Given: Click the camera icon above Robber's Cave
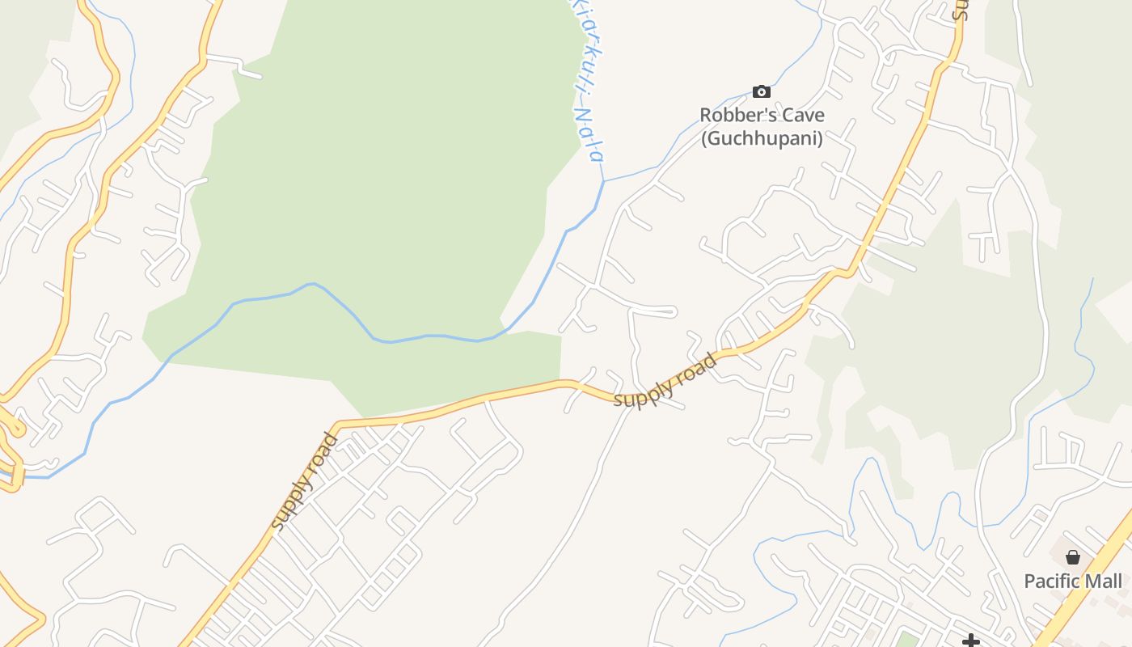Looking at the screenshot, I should coord(761,91).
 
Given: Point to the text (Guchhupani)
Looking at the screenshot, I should coord(762,138).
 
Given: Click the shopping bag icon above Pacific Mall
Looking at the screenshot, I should coord(1073,557).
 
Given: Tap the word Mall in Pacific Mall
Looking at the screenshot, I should coord(1103,581).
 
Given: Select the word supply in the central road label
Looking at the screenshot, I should coord(643,392).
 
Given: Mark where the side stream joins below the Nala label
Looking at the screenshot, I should coord(603,180).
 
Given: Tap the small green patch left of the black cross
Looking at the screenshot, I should coord(908,641).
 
